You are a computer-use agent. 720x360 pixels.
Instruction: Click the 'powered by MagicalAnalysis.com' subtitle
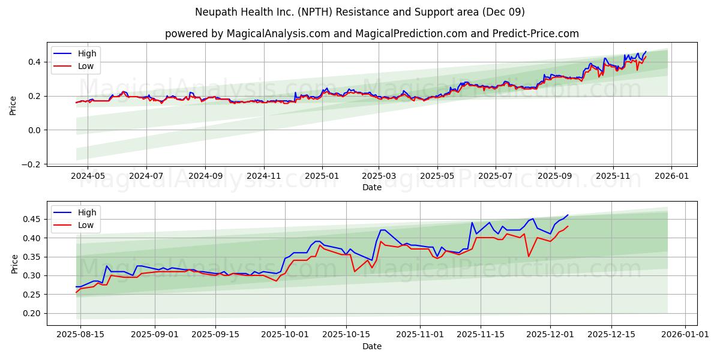point(372,34)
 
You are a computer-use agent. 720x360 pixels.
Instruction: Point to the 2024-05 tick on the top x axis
point(88,176)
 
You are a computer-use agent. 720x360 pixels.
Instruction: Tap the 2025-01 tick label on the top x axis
point(322,176)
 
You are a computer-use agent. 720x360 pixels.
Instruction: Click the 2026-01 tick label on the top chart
point(671,176)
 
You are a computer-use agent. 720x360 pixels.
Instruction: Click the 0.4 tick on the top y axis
point(34,62)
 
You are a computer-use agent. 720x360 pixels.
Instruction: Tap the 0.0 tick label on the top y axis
point(34,130)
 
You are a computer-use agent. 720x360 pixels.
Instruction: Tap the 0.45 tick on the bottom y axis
point(32,219)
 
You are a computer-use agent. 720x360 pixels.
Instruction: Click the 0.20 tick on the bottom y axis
point(32,313)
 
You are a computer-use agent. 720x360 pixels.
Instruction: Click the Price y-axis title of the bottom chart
point(14,263)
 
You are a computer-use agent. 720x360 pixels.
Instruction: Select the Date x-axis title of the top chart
point(372,187)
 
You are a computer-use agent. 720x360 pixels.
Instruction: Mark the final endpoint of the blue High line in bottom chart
point(568,215)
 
